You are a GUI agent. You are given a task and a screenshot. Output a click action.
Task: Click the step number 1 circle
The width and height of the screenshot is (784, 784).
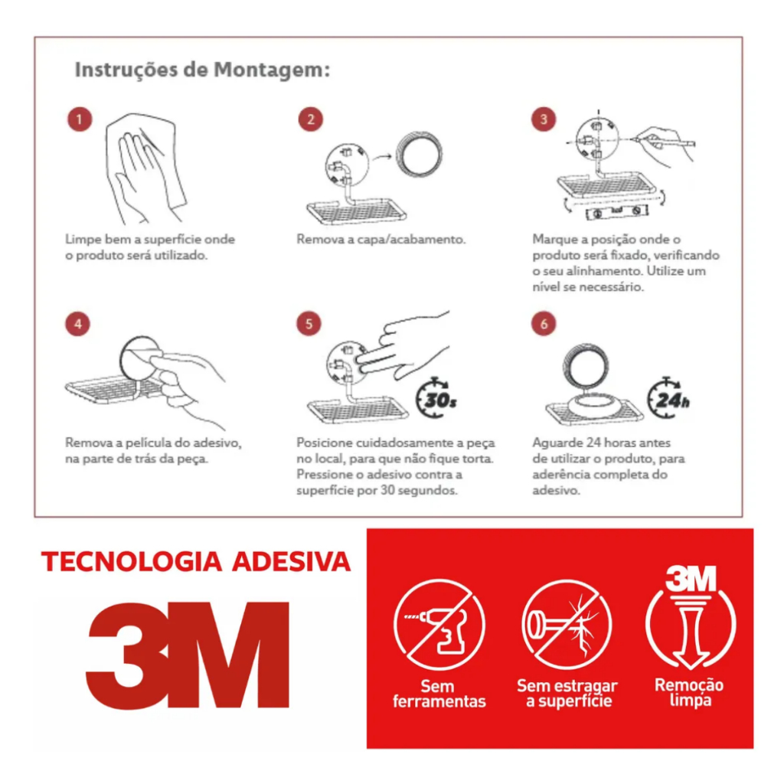[80, 119]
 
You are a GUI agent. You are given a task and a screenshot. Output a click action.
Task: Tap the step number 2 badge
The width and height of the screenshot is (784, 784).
[311, 119]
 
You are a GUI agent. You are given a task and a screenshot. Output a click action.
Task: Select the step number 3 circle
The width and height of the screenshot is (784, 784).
[544, 119]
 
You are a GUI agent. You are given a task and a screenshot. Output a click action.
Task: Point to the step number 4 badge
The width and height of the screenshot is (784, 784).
[77, 324]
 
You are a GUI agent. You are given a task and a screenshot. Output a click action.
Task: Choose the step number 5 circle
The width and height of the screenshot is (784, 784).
[309, 324]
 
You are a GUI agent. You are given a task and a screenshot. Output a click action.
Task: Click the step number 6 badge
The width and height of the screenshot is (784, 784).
[544, 324]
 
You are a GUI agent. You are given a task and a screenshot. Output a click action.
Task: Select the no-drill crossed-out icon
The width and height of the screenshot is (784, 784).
[439, 625]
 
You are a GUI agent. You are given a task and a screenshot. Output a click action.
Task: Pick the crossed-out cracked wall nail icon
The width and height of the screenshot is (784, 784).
[567, 625]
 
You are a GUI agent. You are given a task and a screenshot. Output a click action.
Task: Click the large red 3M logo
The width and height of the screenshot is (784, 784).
[188, 655]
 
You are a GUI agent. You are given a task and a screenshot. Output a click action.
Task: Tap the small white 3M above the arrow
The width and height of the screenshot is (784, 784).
[691, 578]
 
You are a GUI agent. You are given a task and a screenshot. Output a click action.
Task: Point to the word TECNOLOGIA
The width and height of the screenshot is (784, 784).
[132, 561]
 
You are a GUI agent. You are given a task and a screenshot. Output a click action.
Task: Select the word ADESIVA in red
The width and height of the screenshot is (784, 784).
[291, 561]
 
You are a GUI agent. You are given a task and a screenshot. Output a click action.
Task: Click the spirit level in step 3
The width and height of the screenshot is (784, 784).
[617, 211]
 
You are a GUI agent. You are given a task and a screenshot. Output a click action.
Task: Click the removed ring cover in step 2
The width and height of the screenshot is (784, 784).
[419, 154]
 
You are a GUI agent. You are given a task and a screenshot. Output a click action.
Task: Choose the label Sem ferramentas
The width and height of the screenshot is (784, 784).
[439, 694]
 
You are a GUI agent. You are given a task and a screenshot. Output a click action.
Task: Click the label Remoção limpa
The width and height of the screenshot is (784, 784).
[690, 692]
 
